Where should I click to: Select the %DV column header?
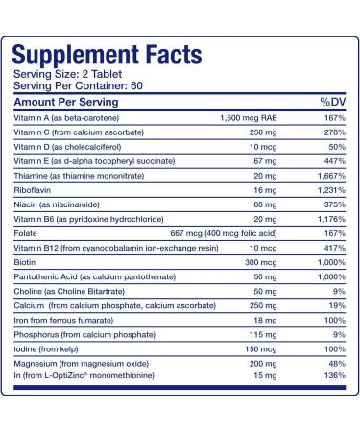[329, 101]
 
